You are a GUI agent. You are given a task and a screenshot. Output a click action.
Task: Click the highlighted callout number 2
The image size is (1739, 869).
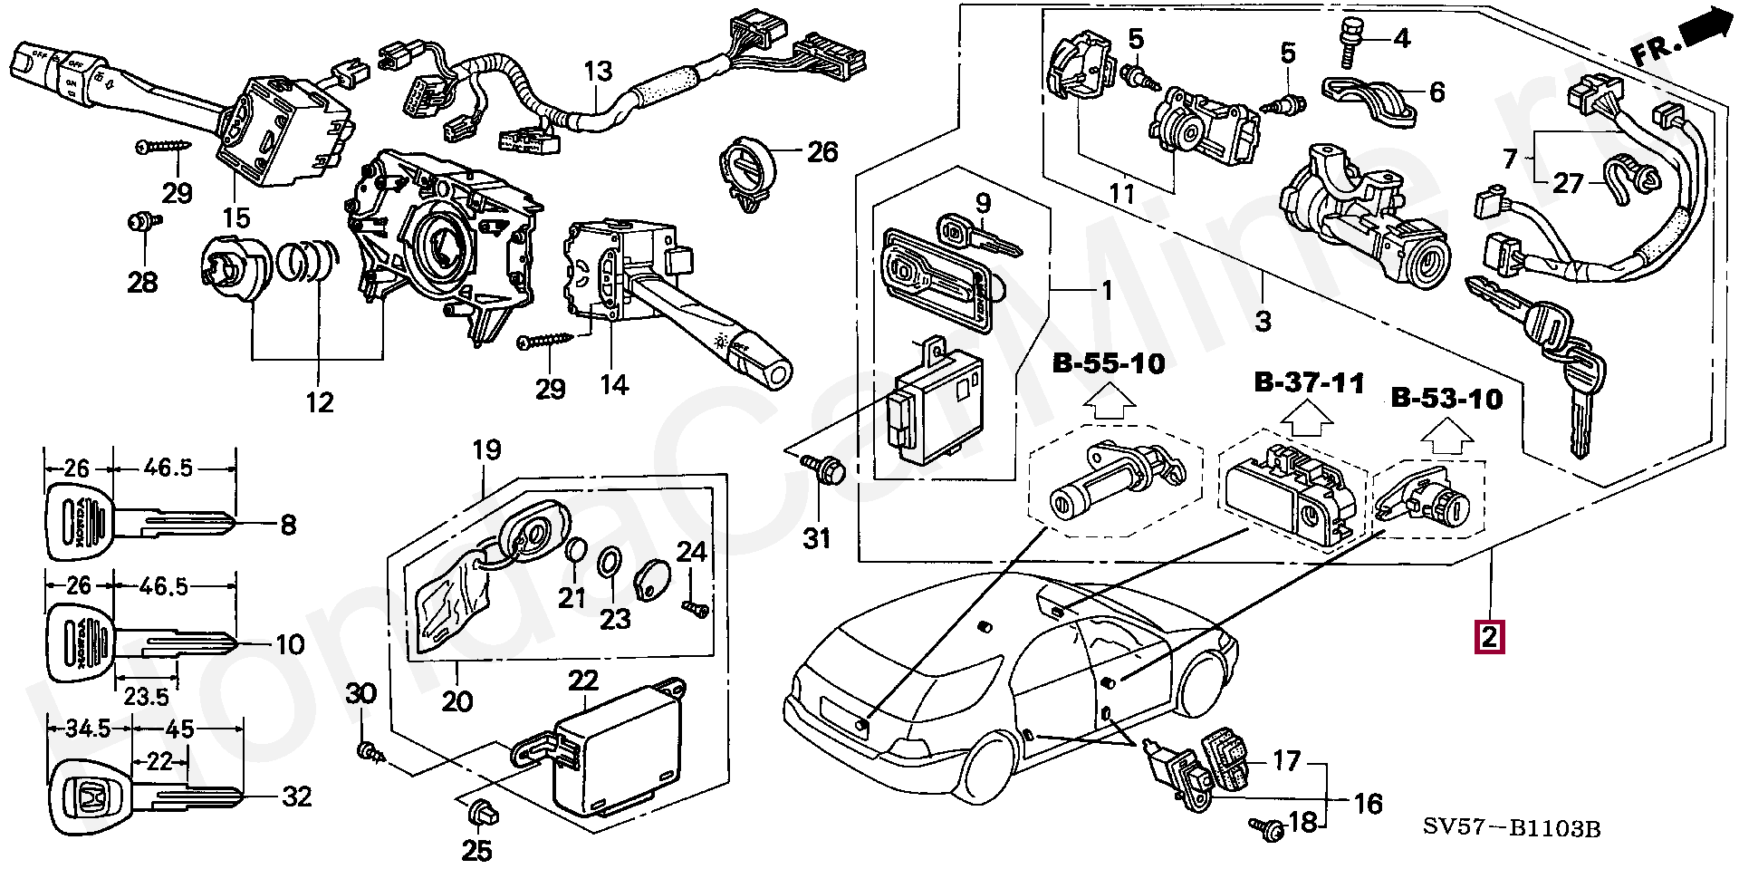[1490, 636]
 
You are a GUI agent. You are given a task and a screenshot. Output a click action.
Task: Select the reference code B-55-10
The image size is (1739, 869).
[1108, 364]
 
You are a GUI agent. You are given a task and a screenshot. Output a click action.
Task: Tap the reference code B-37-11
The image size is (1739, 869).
[1309, 382]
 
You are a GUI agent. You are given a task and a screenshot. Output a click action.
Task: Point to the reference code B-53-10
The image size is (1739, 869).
[1446, 399]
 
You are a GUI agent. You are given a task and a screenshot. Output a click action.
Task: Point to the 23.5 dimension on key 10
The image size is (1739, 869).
[146, 696]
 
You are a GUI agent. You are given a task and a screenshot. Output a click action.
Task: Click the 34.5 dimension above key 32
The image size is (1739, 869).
[90, 729]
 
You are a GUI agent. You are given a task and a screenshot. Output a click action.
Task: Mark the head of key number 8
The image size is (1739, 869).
[77, 524]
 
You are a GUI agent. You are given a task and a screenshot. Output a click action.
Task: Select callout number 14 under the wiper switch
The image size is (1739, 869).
[613, 385]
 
